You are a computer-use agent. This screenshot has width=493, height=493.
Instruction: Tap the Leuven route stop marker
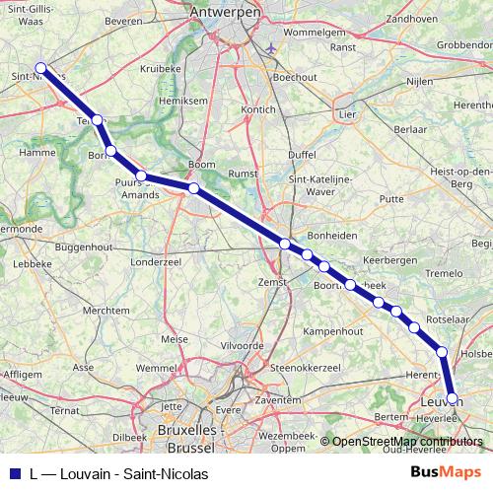click(453, 399)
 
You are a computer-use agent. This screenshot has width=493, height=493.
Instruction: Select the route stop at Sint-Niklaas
click(40, 68)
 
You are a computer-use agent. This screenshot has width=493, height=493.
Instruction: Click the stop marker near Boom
click(194, 187)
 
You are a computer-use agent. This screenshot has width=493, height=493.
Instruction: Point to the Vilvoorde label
click(242, 346)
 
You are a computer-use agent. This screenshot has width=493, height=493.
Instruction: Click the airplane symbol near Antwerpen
click(272, 45)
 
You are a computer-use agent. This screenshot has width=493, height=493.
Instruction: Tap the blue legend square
click(13, 473)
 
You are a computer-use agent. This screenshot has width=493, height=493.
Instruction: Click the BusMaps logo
click(443, 472)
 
